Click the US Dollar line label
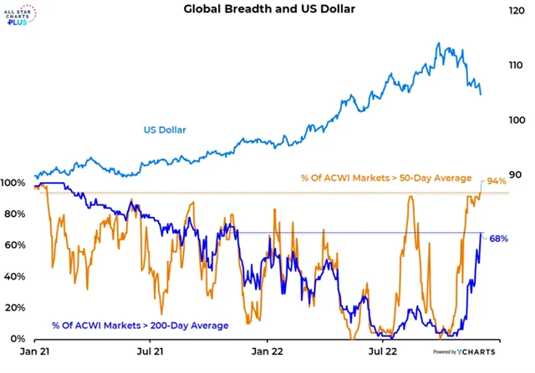(x=164, y=129)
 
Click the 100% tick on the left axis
(x=14, y=183)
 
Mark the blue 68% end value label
(x=498, y=239)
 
